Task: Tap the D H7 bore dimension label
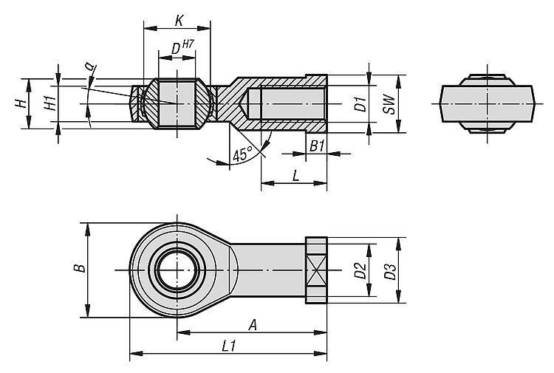pyautogui.click(x=177, y=49)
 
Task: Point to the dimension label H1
pyautogui.click(x=49, y=104)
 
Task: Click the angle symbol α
pyautogui.click(x=90, y=67)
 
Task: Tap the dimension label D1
pyautogui.click(x=360, y=104)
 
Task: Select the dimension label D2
pyautogui.click(x=360, y=270)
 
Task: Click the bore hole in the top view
pyautogui.click(x=177, y=270)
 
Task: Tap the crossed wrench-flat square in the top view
pyautogui.click(x=315, y=270)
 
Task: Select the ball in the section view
pyautogui.click(x=177, y=104)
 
